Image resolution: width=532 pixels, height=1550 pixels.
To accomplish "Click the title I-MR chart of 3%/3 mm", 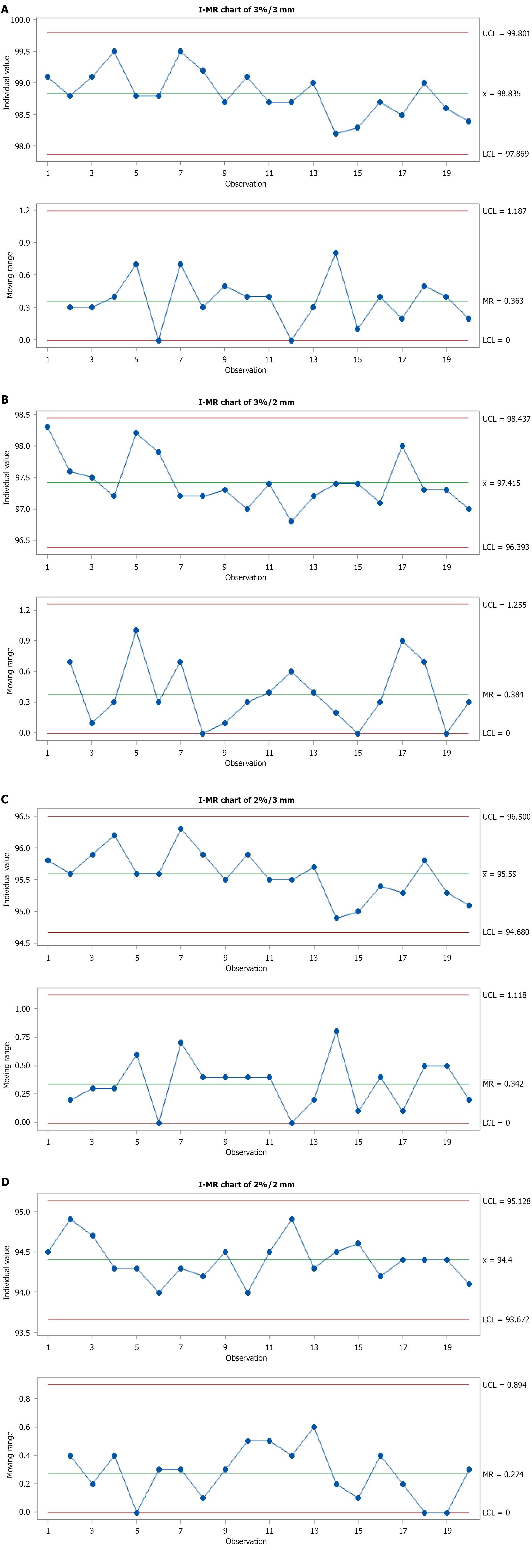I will [246, 10].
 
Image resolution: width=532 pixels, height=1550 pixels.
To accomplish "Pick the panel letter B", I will [5, 399].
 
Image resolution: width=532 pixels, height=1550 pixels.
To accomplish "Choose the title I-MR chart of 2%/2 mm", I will [246, 1184].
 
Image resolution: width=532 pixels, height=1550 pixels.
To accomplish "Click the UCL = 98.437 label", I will [506, 419].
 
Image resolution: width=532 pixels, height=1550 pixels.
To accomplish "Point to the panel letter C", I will [5, 799].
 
